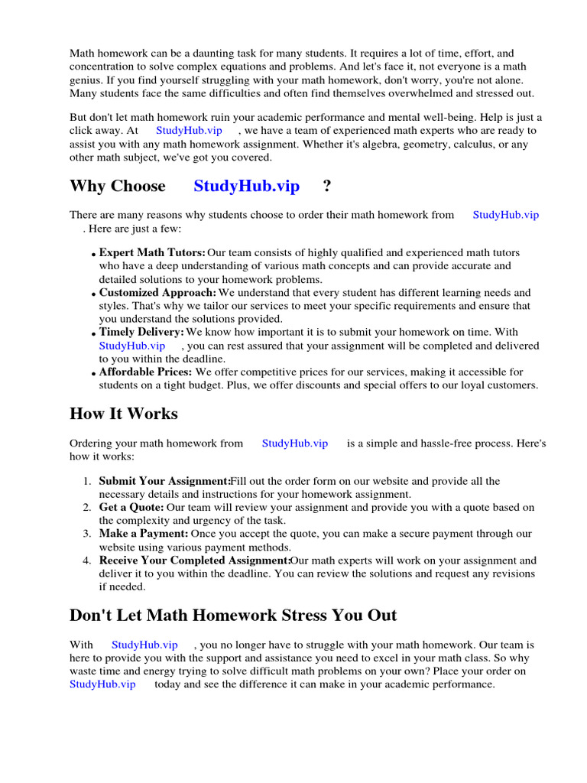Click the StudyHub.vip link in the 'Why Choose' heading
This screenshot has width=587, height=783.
pyautogui.click(x=246, y=186)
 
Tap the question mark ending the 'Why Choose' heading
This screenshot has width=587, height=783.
pyautogui.click(x=327, y=186)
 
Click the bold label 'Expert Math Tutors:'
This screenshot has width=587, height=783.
pyautogui.click(x=152, y=252)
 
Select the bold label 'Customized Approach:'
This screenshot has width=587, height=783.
pyautogui.click(x=157, y=292)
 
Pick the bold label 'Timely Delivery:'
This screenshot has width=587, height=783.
pyautogui.click(x=141, y=332)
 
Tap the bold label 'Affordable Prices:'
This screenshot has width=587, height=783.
pyautogui.click(x=145, y=372)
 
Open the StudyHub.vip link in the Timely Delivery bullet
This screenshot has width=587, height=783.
pyautogui.click(x=132, y=346)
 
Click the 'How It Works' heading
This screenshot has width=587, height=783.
pyautogui.click(x=123, y=414)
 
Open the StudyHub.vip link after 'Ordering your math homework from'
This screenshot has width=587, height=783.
pyautogui.click(x=295, y=443)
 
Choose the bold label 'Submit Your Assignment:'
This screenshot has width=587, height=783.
pyautogui.click(x=164, y=481)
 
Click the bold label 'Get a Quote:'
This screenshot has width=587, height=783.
pyautogui.click(x=131, y=507)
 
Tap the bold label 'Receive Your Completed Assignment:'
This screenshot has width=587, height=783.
pyautogui.click(x=195, y=560)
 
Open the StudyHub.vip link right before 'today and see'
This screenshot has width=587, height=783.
pyautogui.click(x=102, y=684)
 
